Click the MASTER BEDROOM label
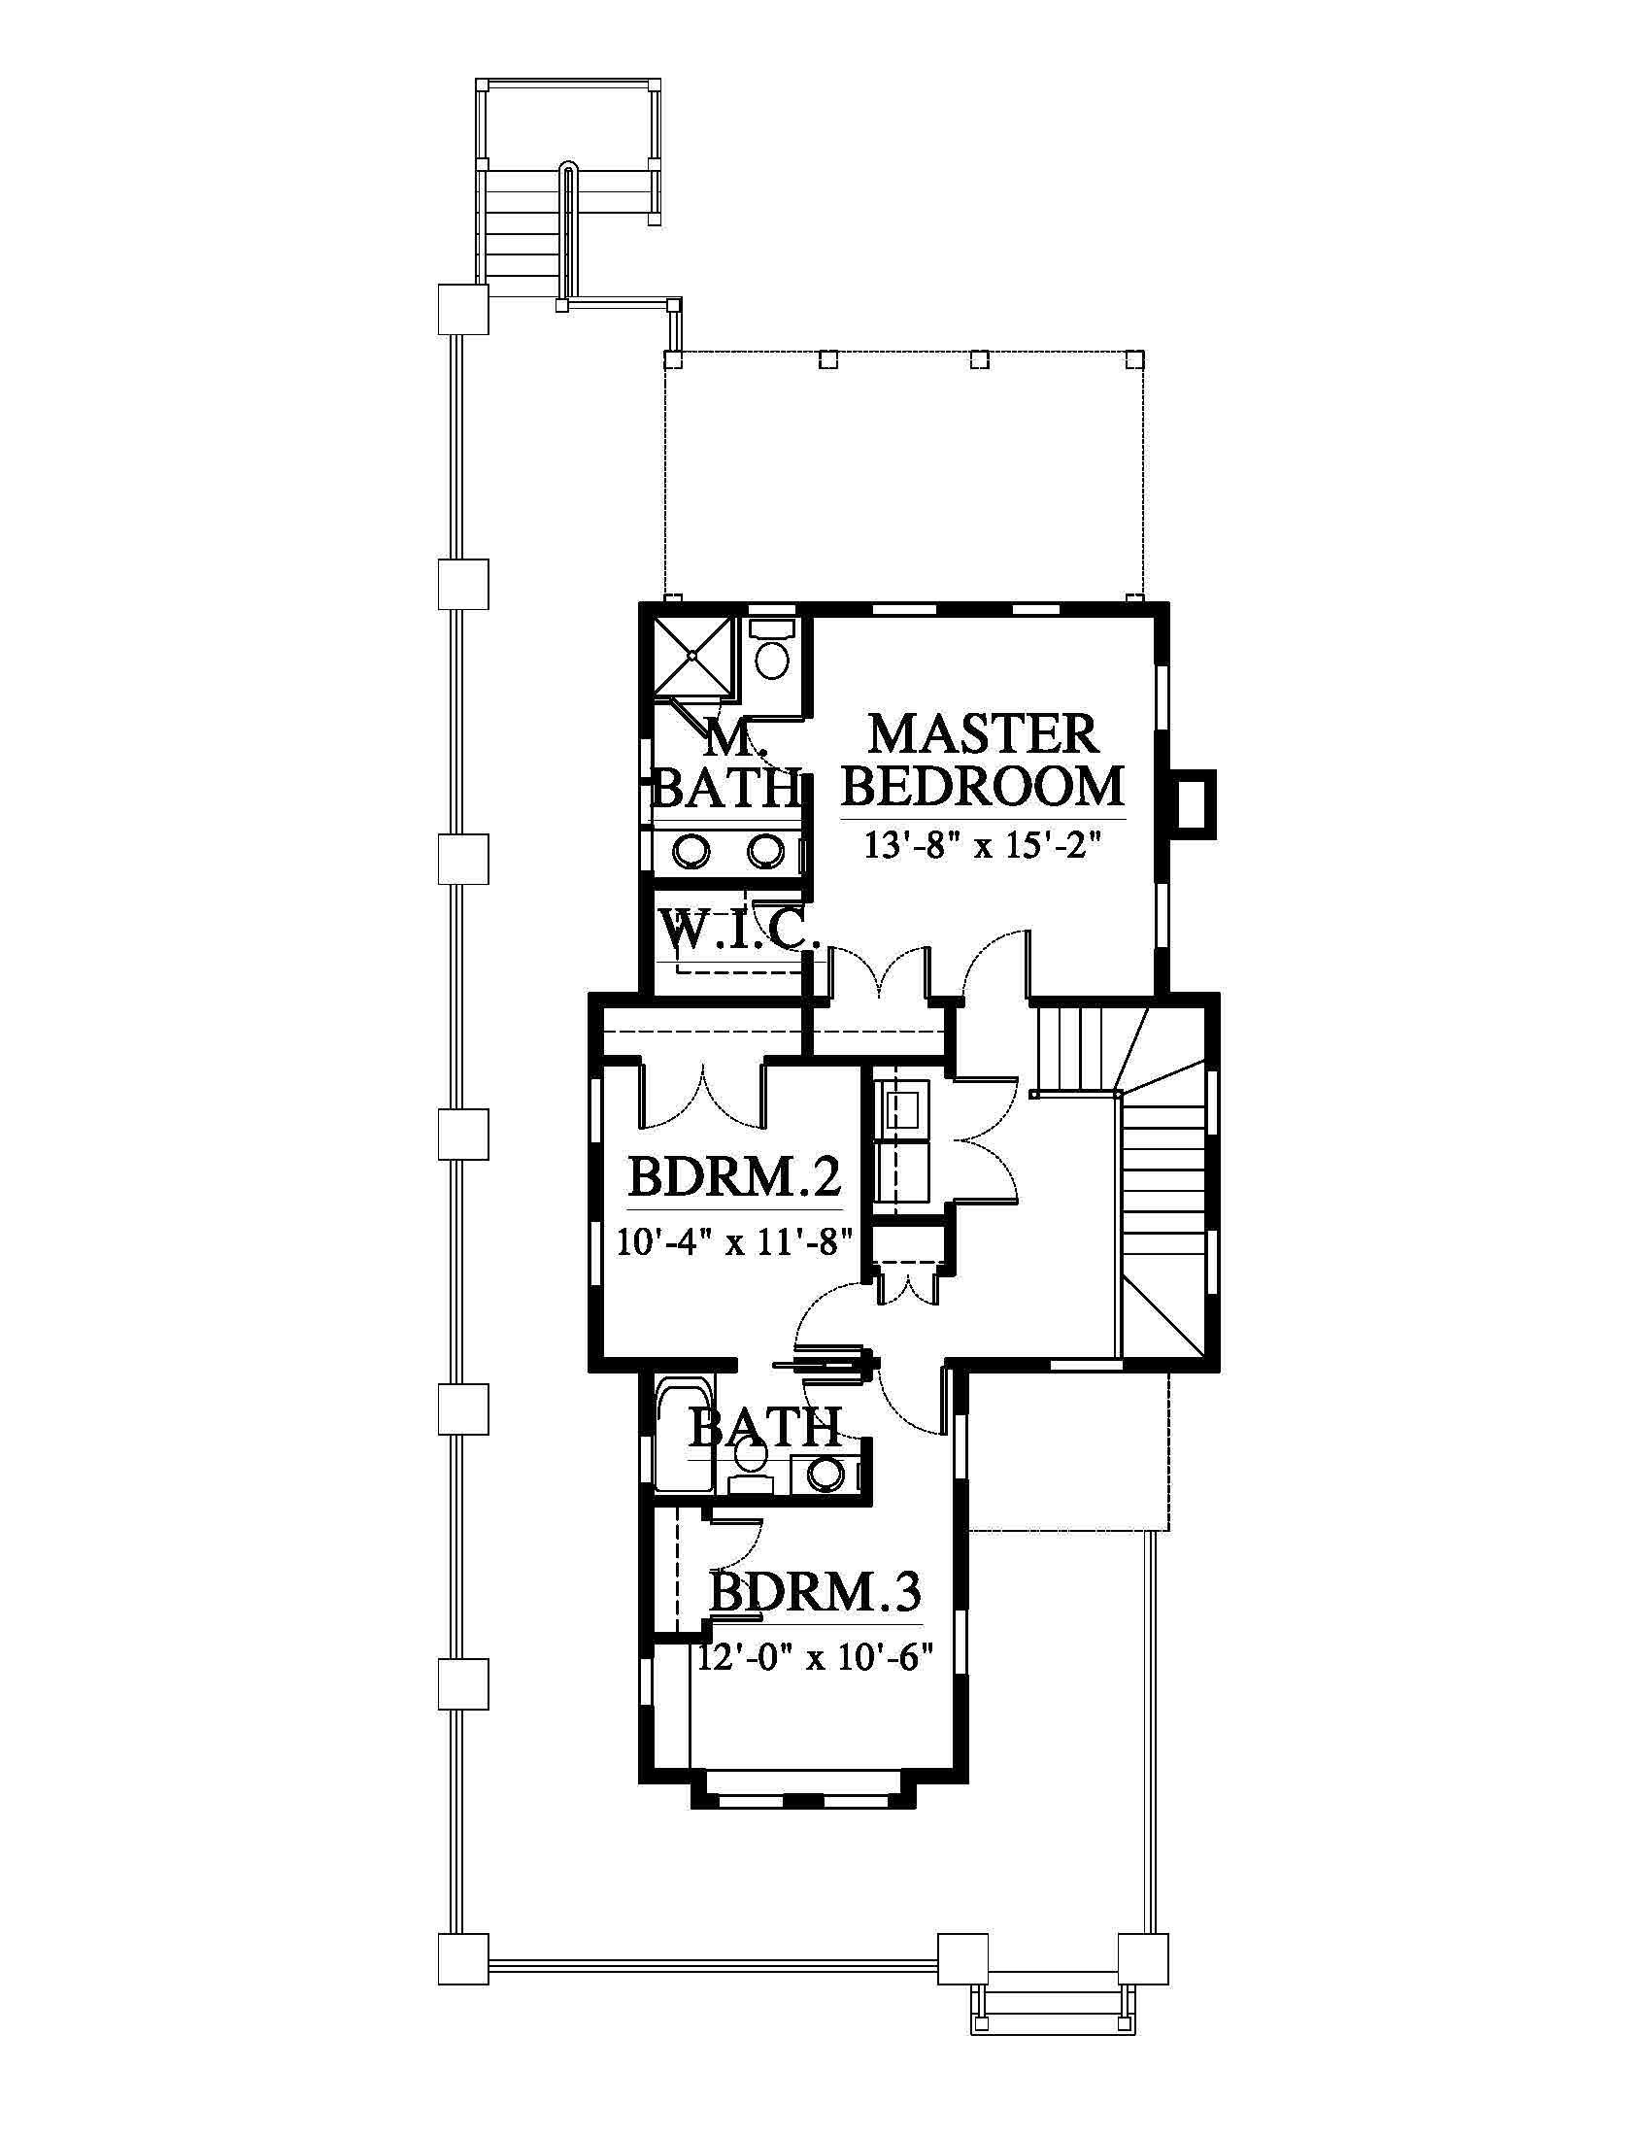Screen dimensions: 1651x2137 [982, 761]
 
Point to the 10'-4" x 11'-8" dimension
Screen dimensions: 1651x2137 [734, 1241]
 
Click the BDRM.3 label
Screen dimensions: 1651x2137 [815, 1592]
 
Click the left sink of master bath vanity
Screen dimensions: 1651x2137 [692, 850]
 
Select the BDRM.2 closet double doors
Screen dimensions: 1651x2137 [702, 1095]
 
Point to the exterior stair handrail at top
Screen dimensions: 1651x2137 [566, 235]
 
